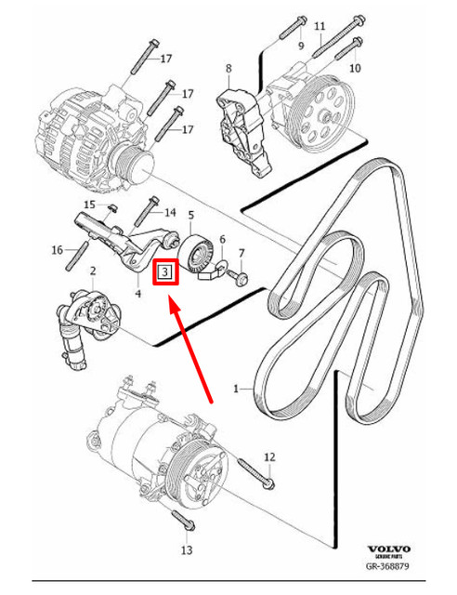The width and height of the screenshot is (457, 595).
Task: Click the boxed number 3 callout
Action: [165, 272]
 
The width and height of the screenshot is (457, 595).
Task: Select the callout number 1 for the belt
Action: [235, 389]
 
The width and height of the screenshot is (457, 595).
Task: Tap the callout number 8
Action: [229, 68]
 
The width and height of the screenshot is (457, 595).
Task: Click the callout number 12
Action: [269, 456]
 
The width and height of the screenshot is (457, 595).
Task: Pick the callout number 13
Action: [186, 550]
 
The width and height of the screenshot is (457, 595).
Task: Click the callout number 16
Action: [57, 249]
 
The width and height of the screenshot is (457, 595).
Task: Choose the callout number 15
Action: [89, 205]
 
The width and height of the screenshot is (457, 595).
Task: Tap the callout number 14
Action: [169, 212]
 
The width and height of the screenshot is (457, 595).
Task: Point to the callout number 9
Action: [300, 46]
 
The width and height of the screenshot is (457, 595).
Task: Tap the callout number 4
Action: [137, 294]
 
